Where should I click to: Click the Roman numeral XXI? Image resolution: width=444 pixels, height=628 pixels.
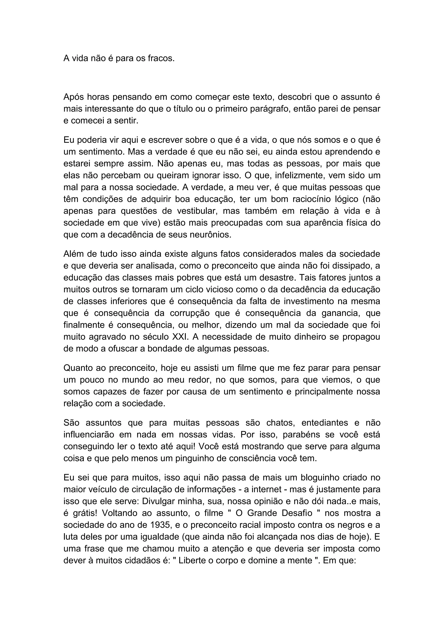(180, 337)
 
